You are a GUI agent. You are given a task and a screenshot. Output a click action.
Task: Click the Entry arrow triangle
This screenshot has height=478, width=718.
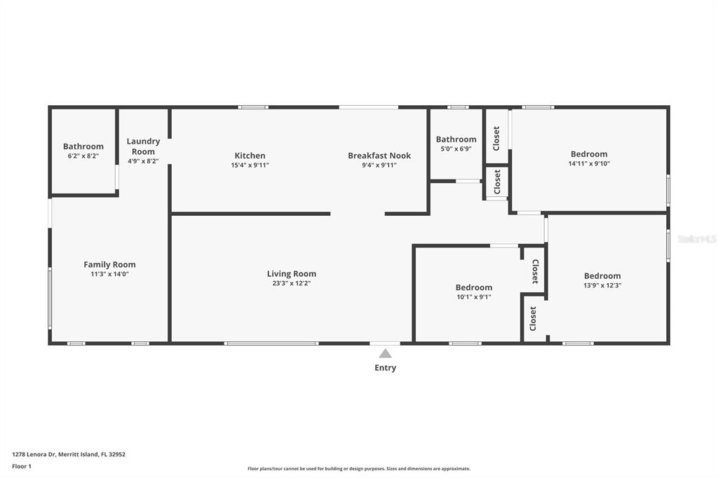pyautogui.click(x=385, y=353)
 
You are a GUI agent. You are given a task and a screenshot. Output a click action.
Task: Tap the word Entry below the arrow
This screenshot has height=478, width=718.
pyautogui.click(x=385, y=368)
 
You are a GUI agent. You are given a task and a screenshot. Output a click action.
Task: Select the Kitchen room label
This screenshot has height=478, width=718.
pyautogui.click(x=250, y=156)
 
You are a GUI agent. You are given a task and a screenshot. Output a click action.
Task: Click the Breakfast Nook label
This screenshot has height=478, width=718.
pyautogui.click(x=379, y=156)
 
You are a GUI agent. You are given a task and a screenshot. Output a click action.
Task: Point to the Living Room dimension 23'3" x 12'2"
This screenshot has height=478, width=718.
pyautogui.click(x=292, y=283)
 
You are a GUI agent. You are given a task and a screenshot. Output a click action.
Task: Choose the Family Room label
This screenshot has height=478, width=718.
pyautogui.click(x=109, y=265)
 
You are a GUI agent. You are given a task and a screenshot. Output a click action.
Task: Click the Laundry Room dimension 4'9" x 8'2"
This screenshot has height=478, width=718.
pyautogui.click(x=143, y=161)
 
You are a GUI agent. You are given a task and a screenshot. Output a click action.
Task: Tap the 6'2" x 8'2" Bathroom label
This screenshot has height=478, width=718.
pyautogui.click(x=83, y=146)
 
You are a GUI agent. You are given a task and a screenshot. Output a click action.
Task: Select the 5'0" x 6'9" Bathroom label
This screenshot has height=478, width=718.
pyautogui.click(x=456, y=139)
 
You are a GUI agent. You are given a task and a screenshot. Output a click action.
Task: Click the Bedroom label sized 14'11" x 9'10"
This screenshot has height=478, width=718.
pyautogui.click(x=589, y=154)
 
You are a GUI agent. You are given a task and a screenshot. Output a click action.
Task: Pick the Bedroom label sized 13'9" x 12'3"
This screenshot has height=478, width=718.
pyautogui.click(x=602, y=276)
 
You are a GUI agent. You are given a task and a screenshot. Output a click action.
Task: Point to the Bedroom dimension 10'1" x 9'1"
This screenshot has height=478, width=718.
pyautogui.click(x=474, y=297)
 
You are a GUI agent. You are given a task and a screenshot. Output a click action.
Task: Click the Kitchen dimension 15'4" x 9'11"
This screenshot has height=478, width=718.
pyautogui.click(x=250, y=165)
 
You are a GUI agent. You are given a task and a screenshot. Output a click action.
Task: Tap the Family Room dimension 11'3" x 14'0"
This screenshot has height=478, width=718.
pyautogui.click(x=109, y=274)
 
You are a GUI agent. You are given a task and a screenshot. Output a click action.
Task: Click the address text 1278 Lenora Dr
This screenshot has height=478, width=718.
pyautogui.click(x=34, y=455)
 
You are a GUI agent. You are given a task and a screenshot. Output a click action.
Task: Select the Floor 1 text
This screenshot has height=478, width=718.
pyautogui.click(x=22, y=467)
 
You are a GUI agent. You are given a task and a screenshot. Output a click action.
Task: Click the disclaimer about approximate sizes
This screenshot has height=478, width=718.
pyautogui.click(x=359, y=469)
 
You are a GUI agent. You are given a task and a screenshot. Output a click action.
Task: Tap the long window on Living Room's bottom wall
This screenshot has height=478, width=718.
pyautogui.click(x=271, y=343)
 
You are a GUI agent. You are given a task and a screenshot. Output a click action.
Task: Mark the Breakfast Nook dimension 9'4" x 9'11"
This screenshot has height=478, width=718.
pyautogui.click(x=379, y=165)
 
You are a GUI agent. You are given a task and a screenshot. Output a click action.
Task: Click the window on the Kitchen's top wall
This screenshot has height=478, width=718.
pyautogui.click(x=253, y=107)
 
